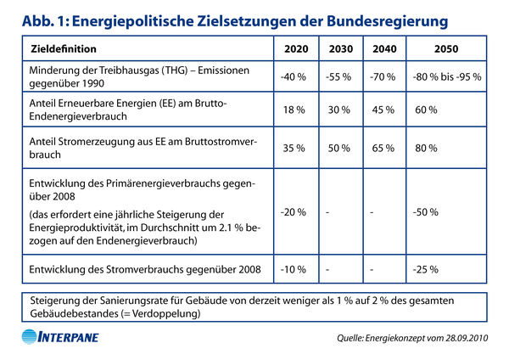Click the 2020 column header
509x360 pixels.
tap(294, 49)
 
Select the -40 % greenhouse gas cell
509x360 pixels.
tap(294, 76)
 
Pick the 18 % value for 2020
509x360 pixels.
tap(294, 110)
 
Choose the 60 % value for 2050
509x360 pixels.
tap(427, 110)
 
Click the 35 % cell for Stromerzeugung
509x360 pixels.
tap(294, 148)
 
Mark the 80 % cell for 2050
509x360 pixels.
tap(427, 148)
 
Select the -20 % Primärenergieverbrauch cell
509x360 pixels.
tap(294, 211)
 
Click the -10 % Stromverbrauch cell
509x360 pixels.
tap(294, 270)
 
